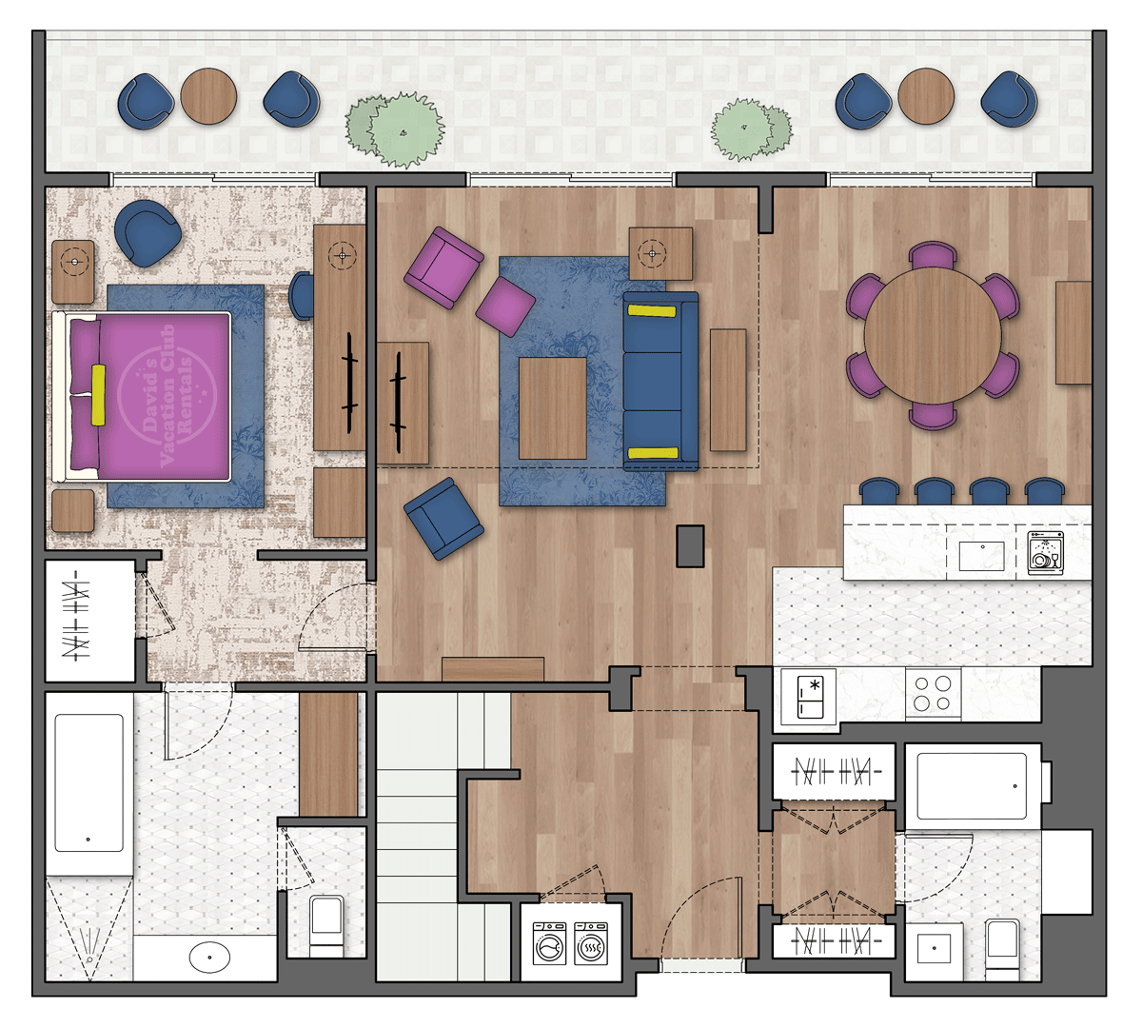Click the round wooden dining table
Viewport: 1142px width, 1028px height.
coord(932,335)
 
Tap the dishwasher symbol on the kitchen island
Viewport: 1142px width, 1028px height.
coord(1045,552)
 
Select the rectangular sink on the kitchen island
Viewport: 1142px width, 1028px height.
coord(981,556)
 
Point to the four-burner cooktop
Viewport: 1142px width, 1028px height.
coord(933,693)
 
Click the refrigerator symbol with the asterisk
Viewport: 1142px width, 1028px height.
coord(810,697)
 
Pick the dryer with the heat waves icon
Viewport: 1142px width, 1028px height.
coord(591,943)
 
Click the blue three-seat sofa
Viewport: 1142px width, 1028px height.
coord(661,382)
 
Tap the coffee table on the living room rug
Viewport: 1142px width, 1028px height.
coord(552,408)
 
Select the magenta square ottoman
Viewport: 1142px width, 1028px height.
coord(505,306)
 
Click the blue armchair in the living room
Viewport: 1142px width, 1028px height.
coord(443,518)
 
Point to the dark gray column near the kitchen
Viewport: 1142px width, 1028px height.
coord(690,546)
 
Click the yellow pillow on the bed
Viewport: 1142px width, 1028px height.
coord(98,395)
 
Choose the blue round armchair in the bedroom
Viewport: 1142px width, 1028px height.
coord(148,232)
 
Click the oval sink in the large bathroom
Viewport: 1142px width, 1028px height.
coord(209,957)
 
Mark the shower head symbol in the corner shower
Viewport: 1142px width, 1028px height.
coord(90,945)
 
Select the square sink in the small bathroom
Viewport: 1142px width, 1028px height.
coord(935,948)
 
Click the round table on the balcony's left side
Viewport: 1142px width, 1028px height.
coord(208,96)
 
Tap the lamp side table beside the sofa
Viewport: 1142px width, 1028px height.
coord(660,253)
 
